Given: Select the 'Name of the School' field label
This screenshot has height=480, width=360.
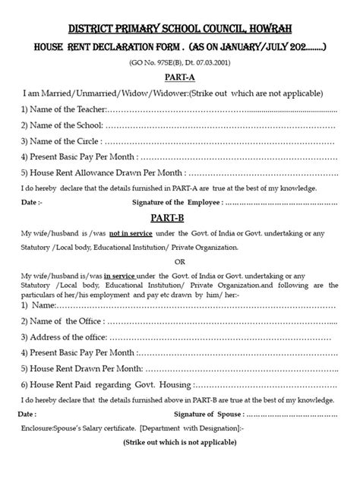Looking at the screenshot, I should (x=64, y=125).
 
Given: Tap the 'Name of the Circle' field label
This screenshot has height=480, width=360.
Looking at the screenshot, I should (x=62, y=141).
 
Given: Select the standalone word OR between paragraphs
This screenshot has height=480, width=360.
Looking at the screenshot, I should (x=180, y=261).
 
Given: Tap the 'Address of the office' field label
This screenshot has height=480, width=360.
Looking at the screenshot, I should (x=65, y=336).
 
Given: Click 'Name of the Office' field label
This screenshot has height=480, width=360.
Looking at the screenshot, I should (x=62, y=321).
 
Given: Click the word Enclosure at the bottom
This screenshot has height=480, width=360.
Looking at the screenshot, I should (x=43, y=429).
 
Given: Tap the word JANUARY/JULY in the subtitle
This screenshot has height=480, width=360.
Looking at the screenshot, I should (x=247, y=46).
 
